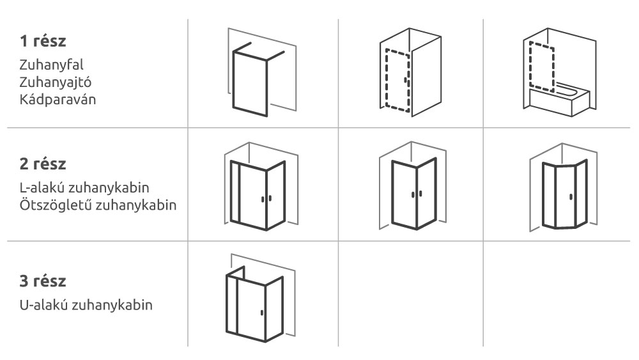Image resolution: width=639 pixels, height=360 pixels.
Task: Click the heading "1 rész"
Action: (43, 41)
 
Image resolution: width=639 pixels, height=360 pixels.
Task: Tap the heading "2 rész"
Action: (43, 164)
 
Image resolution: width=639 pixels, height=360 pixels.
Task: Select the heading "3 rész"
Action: (43, 281)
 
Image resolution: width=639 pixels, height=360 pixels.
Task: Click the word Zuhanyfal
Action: (51, 65)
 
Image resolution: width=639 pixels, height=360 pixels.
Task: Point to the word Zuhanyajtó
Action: (56, 82)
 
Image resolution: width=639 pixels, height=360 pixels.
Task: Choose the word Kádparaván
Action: (58, 100)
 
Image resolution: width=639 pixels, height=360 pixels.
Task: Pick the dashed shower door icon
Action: (410, 72)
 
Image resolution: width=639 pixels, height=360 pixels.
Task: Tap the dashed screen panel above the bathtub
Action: (542, 67)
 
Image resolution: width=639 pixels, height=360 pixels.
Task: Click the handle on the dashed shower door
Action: (405, 81)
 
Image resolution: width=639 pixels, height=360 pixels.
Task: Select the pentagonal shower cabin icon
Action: (563, 187)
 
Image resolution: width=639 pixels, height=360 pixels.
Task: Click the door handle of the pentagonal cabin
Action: (571, 197)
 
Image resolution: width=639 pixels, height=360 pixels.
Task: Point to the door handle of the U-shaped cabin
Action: (261, 313)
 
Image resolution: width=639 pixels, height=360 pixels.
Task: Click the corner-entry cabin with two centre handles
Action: (412, 186)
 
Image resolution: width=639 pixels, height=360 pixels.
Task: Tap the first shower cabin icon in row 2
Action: (261, 186)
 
